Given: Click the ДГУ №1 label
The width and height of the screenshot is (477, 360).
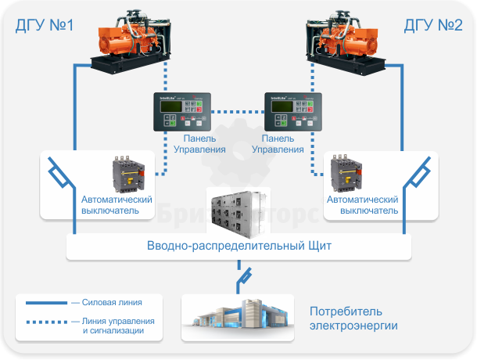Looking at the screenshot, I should coord(45,26).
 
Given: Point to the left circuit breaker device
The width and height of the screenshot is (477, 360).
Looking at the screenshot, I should coord(125,174).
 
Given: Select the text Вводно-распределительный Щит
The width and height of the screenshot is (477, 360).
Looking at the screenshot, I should coord(239,246).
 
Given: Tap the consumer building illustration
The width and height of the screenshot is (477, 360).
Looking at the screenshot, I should coord(237,317).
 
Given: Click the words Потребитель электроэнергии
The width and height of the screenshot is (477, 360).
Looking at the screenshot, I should coord(353,318).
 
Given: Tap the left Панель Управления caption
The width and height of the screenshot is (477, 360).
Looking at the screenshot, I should coord(199,144).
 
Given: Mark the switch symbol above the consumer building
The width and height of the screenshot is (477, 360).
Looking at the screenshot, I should coord(242,275).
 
